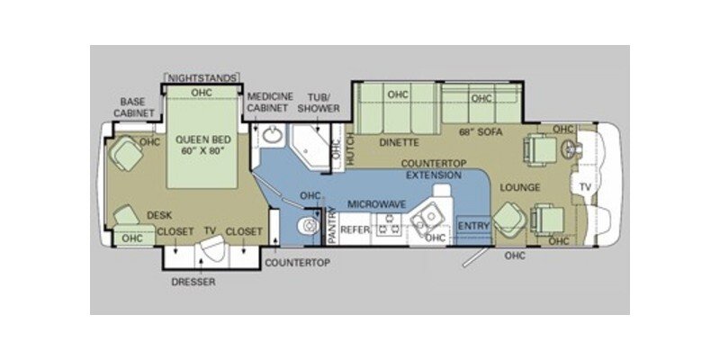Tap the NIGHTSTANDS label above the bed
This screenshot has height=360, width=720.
click(202, 78)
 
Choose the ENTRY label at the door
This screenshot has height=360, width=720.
click(474, 226)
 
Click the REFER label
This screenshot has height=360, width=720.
click(355, 229)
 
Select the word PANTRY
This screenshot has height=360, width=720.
click(332, 225)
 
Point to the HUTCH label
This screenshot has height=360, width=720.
click(351, 148)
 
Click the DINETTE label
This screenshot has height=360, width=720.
click(399, 143)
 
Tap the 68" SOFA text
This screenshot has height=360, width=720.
click(481, 132)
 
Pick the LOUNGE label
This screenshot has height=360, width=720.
click(520, 187)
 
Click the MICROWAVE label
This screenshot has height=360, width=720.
click(376, 204)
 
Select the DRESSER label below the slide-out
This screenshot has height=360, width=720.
click(193, 282)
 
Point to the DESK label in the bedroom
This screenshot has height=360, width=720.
click(159, 215)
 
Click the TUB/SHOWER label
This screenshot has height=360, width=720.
click(325, 103)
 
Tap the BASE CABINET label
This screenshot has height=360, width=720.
click(134, 107)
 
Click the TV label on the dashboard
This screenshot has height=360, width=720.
click(585, 187)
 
